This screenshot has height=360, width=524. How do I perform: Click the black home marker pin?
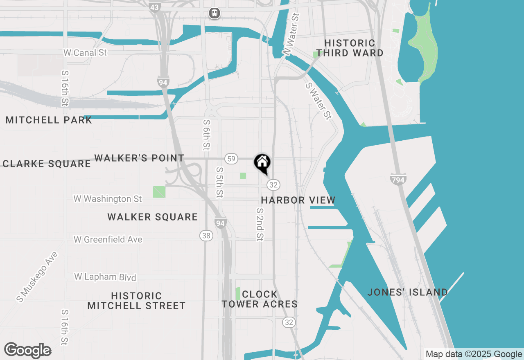click(x=262, y=163)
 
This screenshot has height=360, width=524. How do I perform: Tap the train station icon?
click(x=215, y=13)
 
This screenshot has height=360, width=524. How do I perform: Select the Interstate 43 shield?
click(x=155, y=7)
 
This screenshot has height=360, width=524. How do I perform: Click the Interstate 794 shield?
click(x=398, y=180)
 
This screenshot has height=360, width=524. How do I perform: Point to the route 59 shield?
click(x=231, y=158)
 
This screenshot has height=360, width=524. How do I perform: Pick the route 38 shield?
click(x=207, y=235)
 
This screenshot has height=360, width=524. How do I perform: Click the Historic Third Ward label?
click(x=350, y=48)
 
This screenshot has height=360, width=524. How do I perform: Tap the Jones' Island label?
click(x=407, y=292)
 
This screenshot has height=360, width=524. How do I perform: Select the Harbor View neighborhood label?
click(x=298, y=200)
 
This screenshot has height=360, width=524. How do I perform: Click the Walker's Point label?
click(x=139, y=158)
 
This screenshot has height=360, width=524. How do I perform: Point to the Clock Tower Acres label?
click(x=260, y=299)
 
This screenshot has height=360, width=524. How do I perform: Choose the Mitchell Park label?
click(x=49, y=120)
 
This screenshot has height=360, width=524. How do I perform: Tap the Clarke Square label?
click(x=46, y=164)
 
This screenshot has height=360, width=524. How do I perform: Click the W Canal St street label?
click(x=85, y=53)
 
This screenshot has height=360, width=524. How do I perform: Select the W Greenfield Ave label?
click(x=108, y=239)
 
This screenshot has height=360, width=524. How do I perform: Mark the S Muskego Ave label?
click(x=37, y=277)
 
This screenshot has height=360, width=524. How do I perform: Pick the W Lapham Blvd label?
click(x=105, y=277)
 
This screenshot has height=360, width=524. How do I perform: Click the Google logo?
click(x=27, y=351)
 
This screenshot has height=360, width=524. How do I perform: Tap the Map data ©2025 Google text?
click(x=474, y=354)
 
